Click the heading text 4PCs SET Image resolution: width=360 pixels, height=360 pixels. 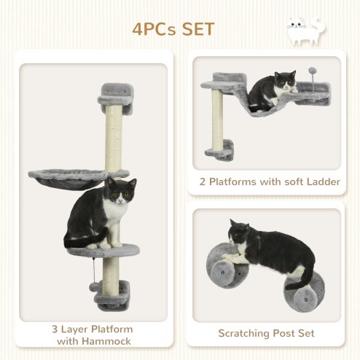[173, 30]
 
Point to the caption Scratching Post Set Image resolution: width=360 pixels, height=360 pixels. [267, 333]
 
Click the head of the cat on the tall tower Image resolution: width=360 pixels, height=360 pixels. [120, 192]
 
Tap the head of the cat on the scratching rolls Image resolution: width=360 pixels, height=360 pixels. [238, 234]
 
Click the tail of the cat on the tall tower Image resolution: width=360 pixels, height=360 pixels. [75, 241]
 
